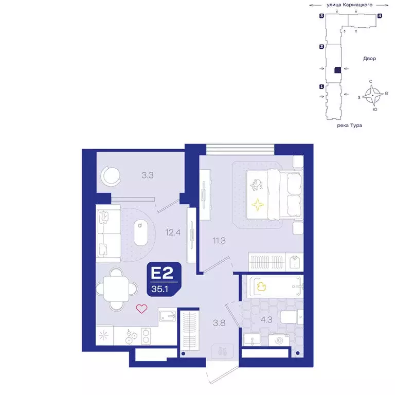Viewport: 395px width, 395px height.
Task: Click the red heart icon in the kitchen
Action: tap(141, 309)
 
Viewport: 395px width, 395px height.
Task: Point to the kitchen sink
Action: tap(167, 315)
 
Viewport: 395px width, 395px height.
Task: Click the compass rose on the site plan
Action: tap(373, 95)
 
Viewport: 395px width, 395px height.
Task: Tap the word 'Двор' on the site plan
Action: tap(369, 59)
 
